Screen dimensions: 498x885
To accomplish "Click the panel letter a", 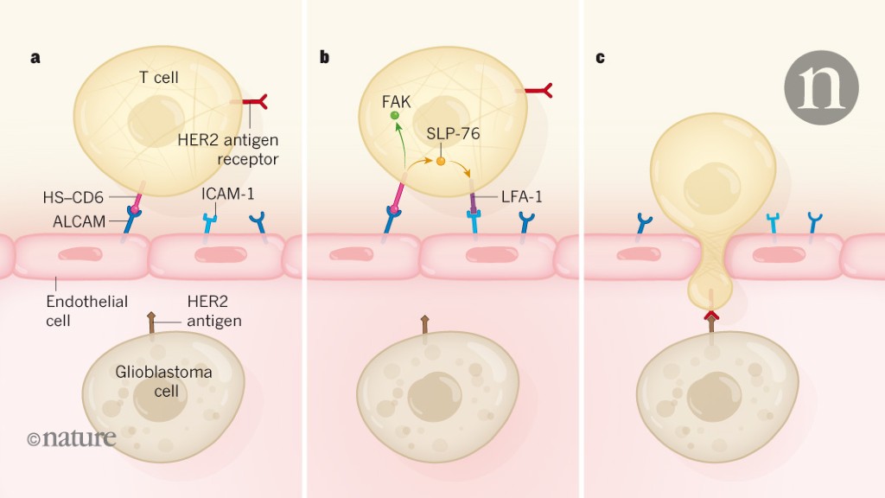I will coord(35,58).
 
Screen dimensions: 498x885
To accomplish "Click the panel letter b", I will coord(324,58).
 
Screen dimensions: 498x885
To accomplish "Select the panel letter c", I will coord(600,58).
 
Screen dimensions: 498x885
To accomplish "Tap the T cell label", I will coord(159,78).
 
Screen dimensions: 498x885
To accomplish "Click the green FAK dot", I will coord(394,115).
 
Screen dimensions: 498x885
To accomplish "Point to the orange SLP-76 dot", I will coord(441,161).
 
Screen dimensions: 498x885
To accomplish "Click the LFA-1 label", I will coord(520,197).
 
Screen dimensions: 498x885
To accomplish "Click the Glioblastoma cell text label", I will coord(164,381).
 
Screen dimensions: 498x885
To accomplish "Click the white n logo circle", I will coord(821,86).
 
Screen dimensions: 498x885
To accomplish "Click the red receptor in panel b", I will coord(538,89).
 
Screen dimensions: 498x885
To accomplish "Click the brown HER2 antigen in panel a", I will coord(152,324).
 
